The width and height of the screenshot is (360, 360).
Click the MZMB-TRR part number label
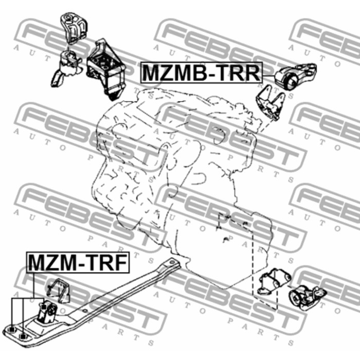pyautogui.click(x=202, y=73)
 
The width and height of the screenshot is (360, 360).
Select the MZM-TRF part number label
pyautogui.click(x=78, y=262)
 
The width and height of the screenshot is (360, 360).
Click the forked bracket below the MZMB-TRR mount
pyautogui.click(x=270, y=102)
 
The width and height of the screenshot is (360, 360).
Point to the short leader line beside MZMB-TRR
pyautogui.click(x=268, y=75)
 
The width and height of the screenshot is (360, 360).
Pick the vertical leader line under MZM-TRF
pyautogui.click(x=34, y=285)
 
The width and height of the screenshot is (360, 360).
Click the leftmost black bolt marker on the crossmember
pyautogui.click(x=12, y=330)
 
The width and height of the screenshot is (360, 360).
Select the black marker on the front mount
pyautogui.click(x=44, y=307)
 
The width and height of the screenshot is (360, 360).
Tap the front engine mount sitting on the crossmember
pyautogui.click(x=47, y=311)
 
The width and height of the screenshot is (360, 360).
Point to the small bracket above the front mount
pyautogui.click(x=58, y=291)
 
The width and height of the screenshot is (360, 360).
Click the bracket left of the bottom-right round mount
pyautogui.click(x=274, y=281)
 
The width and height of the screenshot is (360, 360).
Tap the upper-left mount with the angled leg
pyautogui.click(x=66, y=68)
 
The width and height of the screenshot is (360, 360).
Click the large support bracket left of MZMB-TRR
pyautogui.click(x=106, y=69)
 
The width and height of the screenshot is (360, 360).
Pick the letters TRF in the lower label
pyautogui.click(x=107, y=262)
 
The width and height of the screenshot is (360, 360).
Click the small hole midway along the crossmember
pyautogui.click(x=85, y=311)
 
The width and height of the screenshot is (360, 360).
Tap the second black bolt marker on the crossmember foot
pyautogui.click(x=23, y=336)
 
